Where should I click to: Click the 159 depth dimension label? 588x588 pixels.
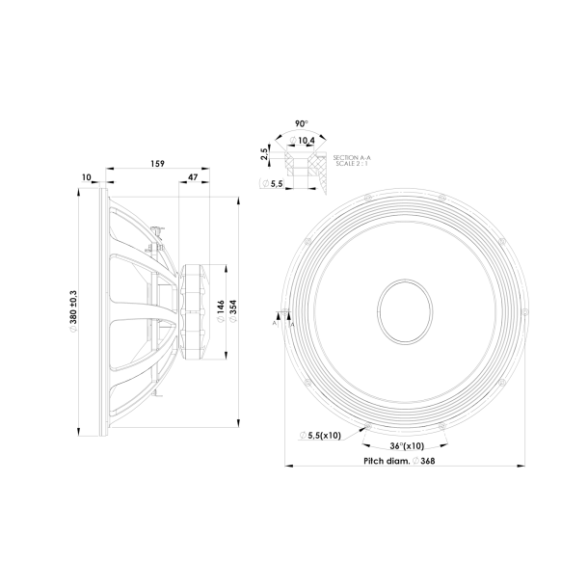click(x=157, y=164)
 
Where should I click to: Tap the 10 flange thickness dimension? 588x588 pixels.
click(x=87, y=177)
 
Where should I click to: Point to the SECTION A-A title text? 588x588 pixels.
click(x=351, y=155)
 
